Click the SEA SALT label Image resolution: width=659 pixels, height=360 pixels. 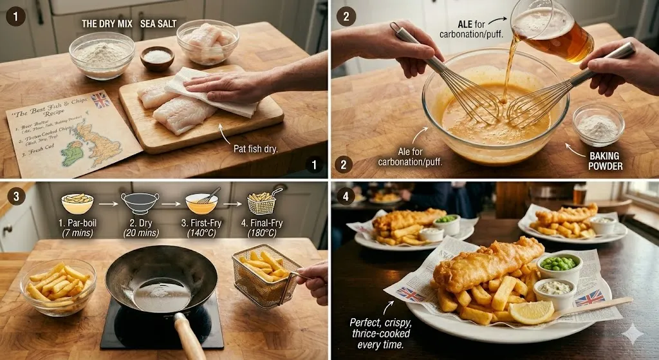pos(158,24)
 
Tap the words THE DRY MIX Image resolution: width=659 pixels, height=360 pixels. pos(106,24)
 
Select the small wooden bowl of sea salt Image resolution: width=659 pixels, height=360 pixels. pos(157,57)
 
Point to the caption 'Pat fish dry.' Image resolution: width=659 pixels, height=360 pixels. pos(255,149)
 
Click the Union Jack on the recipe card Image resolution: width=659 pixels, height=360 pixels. pos(100,100)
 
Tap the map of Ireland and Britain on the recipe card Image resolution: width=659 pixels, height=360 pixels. pos(90,145)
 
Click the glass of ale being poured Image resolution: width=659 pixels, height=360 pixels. pos(553,32)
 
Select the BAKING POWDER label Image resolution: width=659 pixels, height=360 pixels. pos(606,160)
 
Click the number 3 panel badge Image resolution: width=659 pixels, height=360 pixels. pos(15,194)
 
